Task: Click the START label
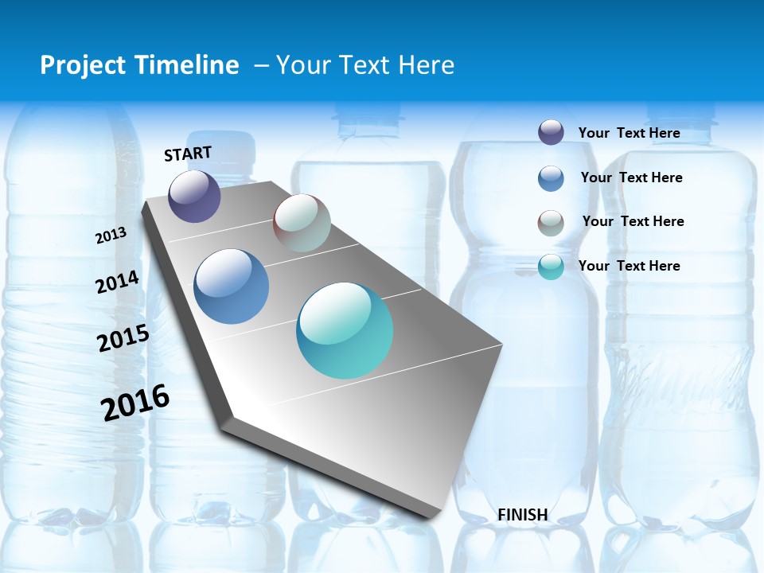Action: pos(188,154)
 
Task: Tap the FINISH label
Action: pos(523,515)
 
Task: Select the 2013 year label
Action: pos(111,236)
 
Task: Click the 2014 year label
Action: pos(117,282)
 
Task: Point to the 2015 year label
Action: pos(123,338)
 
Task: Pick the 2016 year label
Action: pos(135,402)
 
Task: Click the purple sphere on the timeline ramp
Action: pos(194,196)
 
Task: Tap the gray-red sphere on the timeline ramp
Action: pos(302,223)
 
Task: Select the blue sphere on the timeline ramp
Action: pos(231,286)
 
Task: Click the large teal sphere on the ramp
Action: pos(345,330)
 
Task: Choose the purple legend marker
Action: pos(551,132)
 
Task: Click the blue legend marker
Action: pos(551,178)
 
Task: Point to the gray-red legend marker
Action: pos(551,223)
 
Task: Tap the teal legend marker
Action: pos(551,267)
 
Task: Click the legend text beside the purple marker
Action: pos(629,133)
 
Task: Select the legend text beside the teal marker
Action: pos(629,266)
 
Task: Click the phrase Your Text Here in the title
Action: pos(364,65)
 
